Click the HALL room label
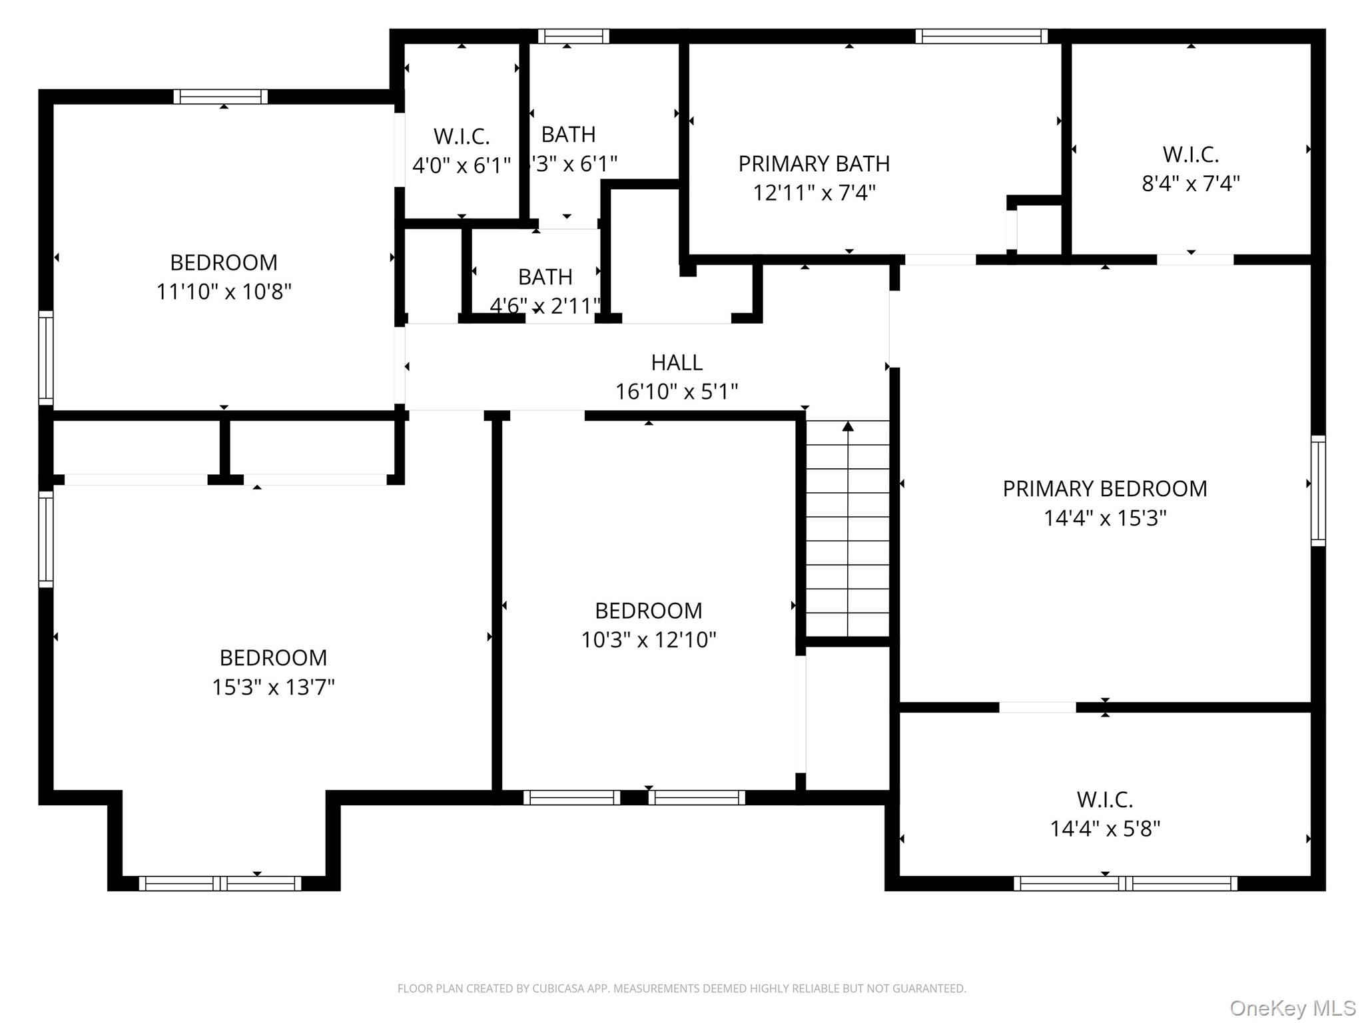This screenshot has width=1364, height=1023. (x=676, y=362)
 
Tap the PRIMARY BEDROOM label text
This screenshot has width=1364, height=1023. (x=1104, y=489)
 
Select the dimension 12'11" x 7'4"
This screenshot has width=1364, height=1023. (x=814, y=193)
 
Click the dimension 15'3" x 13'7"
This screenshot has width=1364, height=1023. (x=273, y=687)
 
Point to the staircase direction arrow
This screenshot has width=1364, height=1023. (x=848, y=426)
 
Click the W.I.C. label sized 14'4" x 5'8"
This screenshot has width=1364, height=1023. (x=1104, y=799)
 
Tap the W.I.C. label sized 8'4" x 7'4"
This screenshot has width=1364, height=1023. (x=1190, y=155)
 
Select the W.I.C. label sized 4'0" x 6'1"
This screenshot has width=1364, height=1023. (x=462, y=137)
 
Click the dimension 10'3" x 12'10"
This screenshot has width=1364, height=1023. (x=648, y=640)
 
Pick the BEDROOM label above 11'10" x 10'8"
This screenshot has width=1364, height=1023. (x=224, y=262)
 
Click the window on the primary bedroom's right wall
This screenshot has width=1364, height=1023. (x=1317, y=491)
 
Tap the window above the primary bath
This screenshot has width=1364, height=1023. (x=981, y=36)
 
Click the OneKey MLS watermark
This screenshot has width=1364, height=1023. (x=1292, y=1008)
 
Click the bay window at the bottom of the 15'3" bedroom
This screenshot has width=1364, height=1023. (x=220, y=883)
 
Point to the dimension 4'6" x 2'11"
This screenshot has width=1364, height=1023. (x=545, y=306)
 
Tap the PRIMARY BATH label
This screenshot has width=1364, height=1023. (x=814, y=164)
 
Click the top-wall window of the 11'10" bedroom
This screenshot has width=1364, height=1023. (x=220, y=97)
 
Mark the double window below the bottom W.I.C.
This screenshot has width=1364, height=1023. (x=1125, y=883)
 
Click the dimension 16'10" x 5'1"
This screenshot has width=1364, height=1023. (x=676, y=392)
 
